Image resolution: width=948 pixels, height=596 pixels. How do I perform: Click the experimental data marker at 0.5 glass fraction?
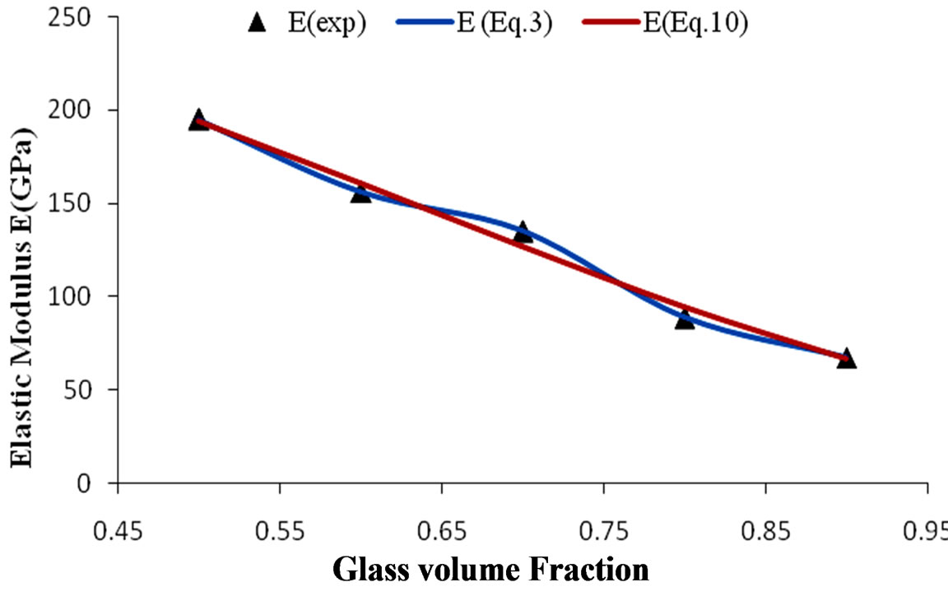point(198,120)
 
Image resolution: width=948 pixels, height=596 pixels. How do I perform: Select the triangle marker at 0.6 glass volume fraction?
point(360,193)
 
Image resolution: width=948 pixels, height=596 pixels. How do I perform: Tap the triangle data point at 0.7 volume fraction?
point(523,233)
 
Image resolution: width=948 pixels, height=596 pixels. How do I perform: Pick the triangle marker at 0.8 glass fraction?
point(685,319)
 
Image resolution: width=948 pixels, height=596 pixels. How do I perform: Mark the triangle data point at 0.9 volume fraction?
point(847,359)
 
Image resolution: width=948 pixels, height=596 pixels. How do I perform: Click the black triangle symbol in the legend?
point(258,23)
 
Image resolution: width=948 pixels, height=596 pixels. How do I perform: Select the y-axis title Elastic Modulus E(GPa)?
point(25,298)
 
